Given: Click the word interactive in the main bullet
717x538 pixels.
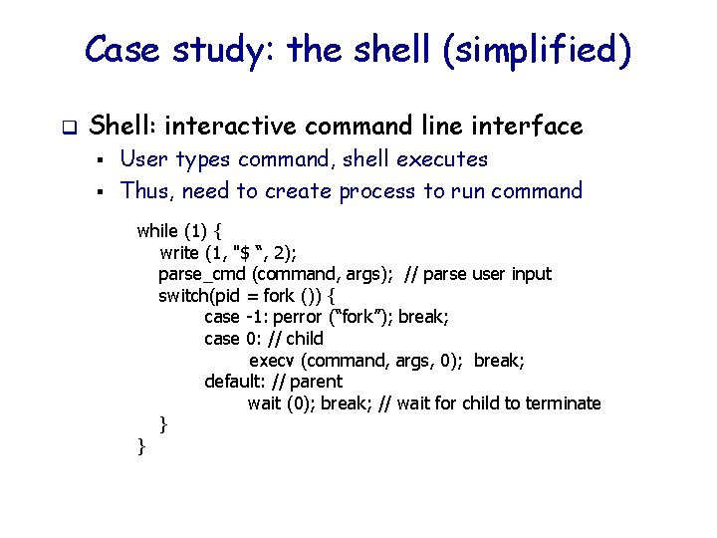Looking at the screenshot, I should click(234, 126).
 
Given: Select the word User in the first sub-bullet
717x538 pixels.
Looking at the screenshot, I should click(143, 159).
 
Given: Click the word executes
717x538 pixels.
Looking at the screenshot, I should click(442, 159).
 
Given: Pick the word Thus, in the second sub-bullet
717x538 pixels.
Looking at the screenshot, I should click(147, 190).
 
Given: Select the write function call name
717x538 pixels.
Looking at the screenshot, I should click(179, 253).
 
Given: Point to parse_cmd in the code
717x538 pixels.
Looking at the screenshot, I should click(202, 274).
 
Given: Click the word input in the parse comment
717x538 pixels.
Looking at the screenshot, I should click(529, 274).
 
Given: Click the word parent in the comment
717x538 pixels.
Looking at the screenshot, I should click(316, 382).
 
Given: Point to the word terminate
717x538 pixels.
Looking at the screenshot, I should click(564, 403).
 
